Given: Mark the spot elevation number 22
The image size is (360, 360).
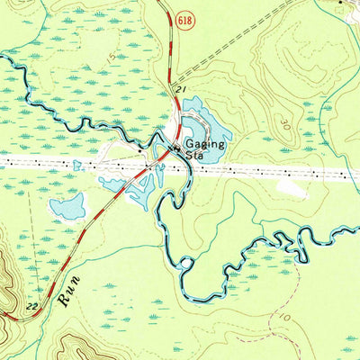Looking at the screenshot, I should coord(32,308).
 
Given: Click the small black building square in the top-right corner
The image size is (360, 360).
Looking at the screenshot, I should coord(339,3).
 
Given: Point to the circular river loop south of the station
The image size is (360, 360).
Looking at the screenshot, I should coord(186,264).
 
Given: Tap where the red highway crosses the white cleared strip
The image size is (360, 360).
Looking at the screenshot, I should coord(154,166).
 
